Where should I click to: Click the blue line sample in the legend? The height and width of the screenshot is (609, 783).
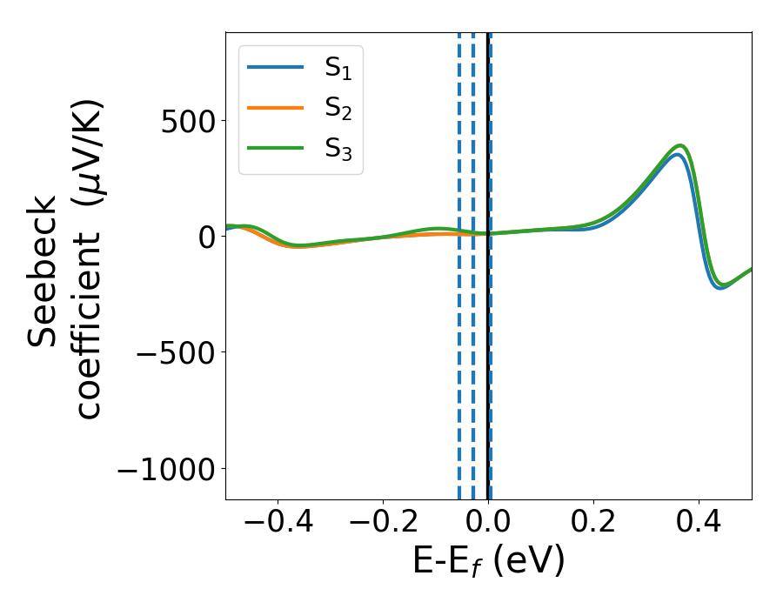(275, 67)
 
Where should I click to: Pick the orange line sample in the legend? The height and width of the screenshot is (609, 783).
(275, 108)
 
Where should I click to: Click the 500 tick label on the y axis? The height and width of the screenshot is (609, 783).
(188, 120)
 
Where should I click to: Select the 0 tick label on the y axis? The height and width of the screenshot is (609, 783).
(206, 237)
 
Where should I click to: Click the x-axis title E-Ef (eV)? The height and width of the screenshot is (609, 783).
(488, 561)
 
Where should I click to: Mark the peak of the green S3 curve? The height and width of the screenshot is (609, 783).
(680, 145)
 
